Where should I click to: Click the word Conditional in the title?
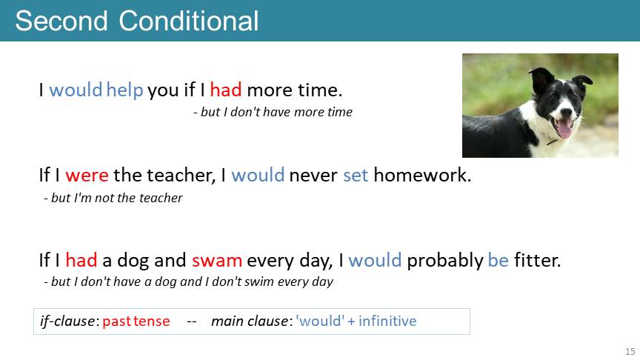tap(189, 21)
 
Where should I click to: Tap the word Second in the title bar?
tap(61, 21)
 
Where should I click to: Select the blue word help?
tap(124, 90)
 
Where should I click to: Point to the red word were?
tap(87, 175)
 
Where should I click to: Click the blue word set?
tap(356, 175)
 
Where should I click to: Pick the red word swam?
tap(217, 261)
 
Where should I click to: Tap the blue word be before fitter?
tap(499, 260)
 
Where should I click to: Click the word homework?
tap(422, 175)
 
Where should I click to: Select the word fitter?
tap(537, 260)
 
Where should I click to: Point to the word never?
tap(313, 176)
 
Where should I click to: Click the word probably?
tap(445, 261)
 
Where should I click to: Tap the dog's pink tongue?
tap(564, 129)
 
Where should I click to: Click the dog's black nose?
tap(566, 112)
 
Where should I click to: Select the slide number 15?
tap(630, 351)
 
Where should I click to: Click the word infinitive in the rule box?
tap(387, 321)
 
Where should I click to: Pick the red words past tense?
tap(136, 321)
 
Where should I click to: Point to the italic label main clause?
tap(250, 321)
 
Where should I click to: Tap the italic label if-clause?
tap(67, 321)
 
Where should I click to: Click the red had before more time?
tap(226, 90)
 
